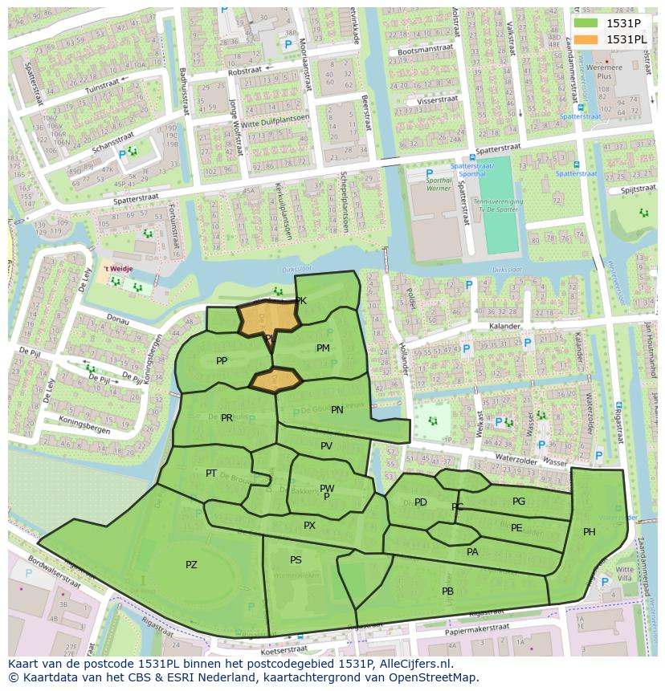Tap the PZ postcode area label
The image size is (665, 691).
pyautogui.click(x=191, y=565)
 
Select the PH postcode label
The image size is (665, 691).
pyautogui.click(x=590, y=532)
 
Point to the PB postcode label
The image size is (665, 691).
pyautogui.click(x=447, y=591)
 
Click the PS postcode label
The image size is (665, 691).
pyautogui.click(x=296, y=560)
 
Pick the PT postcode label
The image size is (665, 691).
pyautogui.click(x=211, y=474)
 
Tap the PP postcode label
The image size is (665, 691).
pyautogui.click(x=222, y=361)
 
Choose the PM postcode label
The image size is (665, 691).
pyautogui.click(x=323, y=348)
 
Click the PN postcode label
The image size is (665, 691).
pyautogui.click(x=337, y=410)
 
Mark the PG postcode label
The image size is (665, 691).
pyautogui.click(x=519, y=502)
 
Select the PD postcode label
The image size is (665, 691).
pyautogui.click(x=421, y=503)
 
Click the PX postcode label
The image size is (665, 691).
pyautogui.click(x=309, y=526)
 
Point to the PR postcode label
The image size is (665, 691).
pyautogui.click(x=226, y=418)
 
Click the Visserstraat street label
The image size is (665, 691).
pyautogui.click(x=437, y=102)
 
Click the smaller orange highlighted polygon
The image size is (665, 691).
pyautogui.click(x=275, y=379)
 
